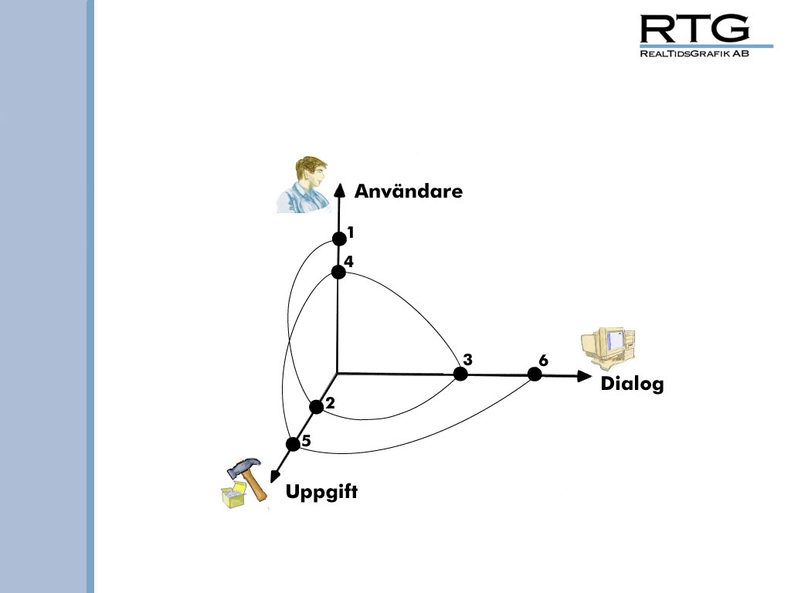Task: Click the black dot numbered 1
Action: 338,239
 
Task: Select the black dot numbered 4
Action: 338,272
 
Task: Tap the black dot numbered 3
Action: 460,374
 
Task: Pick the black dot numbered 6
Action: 534,374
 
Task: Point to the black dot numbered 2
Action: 316,407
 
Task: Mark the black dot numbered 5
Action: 293,444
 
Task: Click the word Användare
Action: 408,191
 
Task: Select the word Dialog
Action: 632,384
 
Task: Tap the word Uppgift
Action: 322,491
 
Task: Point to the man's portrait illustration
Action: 303,185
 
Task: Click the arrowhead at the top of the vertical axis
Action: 338,191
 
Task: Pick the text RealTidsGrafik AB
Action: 694,54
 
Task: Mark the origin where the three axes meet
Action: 338,373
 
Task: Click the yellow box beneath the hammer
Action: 233,496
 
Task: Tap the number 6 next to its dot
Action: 543,361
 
